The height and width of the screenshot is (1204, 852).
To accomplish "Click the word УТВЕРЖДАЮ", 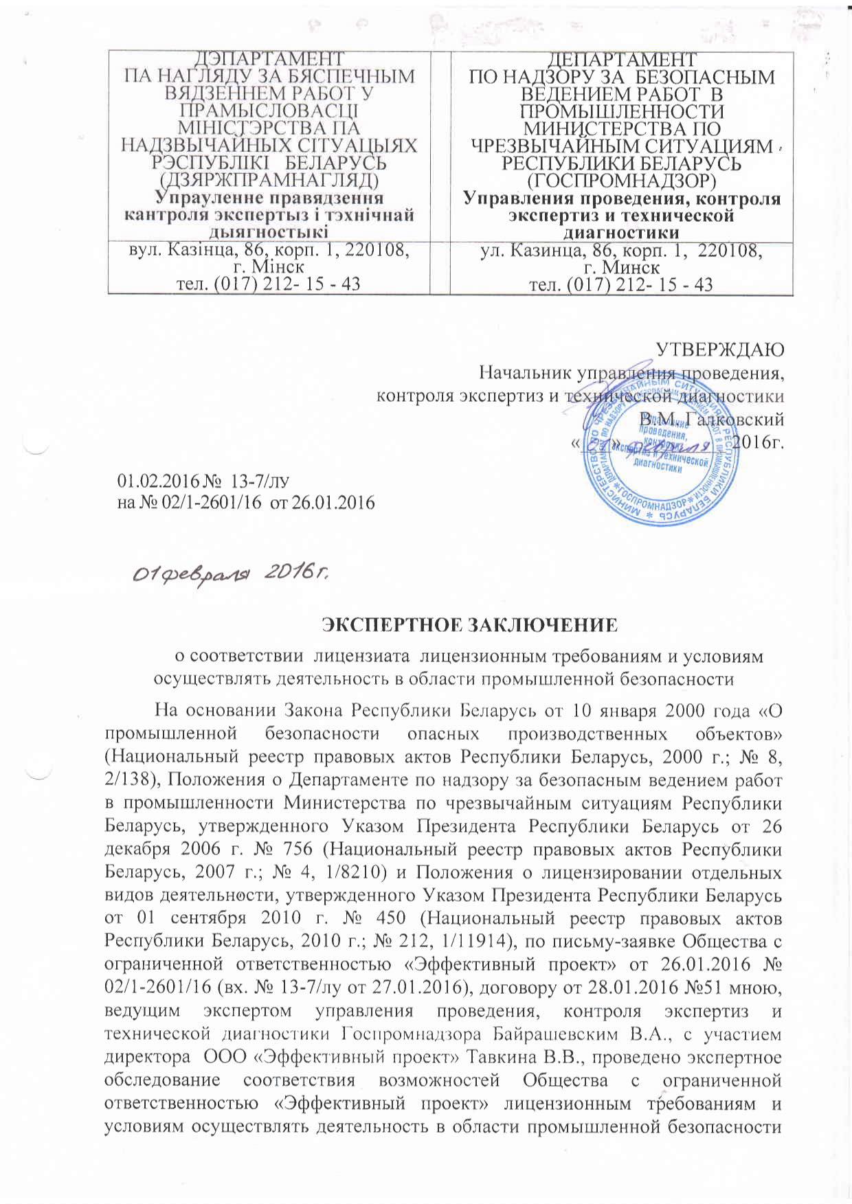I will point(719,350).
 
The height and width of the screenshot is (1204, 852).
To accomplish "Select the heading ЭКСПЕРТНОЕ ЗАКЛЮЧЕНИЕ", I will point(470,624).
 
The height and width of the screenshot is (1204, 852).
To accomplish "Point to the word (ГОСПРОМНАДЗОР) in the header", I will point(622,181).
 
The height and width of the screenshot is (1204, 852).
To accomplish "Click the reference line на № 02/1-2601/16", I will point(246,503).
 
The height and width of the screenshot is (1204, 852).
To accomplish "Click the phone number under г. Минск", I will point(621,284).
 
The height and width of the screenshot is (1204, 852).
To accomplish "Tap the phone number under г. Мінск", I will point(269,284).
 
